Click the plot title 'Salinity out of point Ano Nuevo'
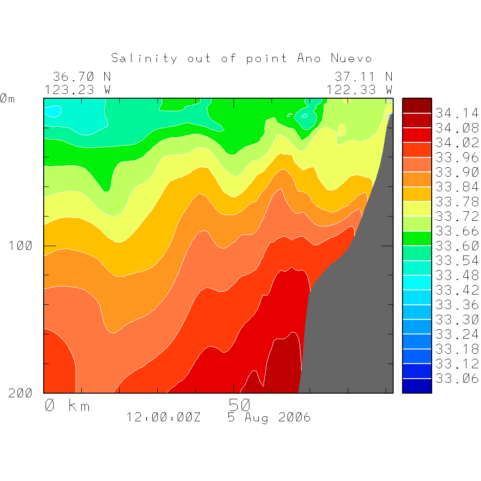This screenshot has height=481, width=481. [241, 58]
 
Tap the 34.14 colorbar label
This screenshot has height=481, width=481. [457, 113]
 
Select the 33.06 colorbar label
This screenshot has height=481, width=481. [457, 379]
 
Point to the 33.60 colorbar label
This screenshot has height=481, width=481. [457, 246]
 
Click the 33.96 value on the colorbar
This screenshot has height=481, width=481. [457, 157]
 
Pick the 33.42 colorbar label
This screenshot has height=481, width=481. [457, 290]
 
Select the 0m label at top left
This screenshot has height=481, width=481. [8, 99]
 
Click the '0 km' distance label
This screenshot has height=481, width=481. [67, 405]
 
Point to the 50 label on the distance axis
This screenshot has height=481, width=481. [240, 405]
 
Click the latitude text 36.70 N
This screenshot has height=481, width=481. [81, 76]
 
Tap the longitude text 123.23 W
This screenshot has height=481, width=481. [78, 89]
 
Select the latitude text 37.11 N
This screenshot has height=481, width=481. [363, 76]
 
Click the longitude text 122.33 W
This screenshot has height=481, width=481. [359, 89]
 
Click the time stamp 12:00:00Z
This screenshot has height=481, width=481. [163, 417]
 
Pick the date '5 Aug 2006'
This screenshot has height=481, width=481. [269, 417]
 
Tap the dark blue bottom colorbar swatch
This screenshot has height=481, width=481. [417, 386]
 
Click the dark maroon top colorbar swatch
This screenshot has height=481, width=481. [417, 106]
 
